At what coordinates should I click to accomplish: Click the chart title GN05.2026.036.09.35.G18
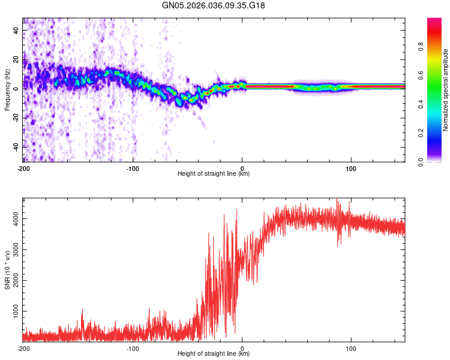click(214, 5)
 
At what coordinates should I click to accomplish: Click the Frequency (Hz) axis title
click(7, 90)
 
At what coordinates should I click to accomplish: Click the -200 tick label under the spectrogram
click(23, 169)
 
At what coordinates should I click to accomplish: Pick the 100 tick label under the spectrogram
click(351, 169)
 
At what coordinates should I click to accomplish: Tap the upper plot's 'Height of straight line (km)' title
click(214, 174)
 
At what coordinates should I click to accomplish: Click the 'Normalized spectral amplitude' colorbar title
click(446, 90)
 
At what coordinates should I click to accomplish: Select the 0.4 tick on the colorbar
click(439, 104)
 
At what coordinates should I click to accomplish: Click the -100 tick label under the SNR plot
click(133, 349)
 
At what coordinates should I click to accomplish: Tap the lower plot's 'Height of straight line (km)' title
click(214, 354)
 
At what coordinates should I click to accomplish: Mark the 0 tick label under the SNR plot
click(242, 349)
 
